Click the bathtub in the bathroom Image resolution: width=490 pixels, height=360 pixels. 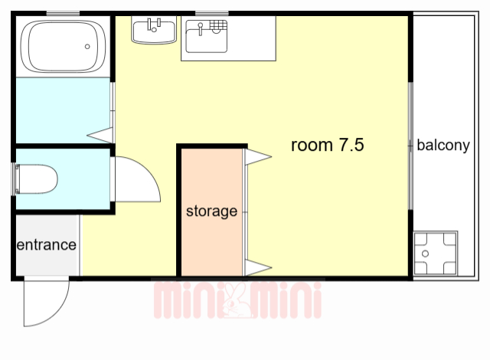pos(63,47)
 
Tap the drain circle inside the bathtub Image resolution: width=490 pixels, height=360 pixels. pos(87,47)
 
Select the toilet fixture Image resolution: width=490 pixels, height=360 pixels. pos(36,179)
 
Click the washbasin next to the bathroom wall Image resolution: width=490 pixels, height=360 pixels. pos(154,31)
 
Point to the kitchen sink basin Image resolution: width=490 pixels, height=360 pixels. pos(206,36)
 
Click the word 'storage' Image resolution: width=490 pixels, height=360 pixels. pos(211,211)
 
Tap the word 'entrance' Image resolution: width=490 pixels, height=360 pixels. pos(46,244)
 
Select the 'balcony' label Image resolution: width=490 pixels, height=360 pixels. pos(443,146)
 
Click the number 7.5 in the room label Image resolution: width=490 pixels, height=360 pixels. pos(351,145)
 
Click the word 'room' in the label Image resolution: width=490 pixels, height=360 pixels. pos(312,146)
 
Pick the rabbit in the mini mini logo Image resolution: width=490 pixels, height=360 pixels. pos(236,300)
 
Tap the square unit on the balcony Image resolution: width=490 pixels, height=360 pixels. pos(436,254)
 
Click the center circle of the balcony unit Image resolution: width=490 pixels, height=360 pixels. pos(426,254)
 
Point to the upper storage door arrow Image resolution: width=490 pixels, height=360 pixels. pos(258,156)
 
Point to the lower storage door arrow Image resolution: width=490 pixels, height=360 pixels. pos(258,268)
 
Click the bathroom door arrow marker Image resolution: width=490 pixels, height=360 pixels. pos(100,136)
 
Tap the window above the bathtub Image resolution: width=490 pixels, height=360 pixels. pos(63,13)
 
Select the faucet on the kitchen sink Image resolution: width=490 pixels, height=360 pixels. pos(201,28)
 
